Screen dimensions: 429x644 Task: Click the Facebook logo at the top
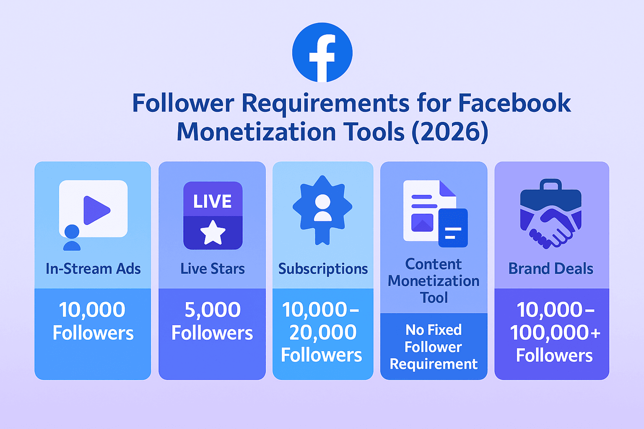[322, 52]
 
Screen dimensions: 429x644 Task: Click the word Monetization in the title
[256, 132]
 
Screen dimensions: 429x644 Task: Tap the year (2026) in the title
[450, 132]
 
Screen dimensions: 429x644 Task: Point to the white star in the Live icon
[213, 233]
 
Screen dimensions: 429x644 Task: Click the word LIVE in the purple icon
[213, 202]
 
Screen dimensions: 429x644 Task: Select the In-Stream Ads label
[93, 269]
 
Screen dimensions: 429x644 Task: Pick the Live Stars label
[213, 269]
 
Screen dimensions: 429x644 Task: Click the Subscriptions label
[323, 269]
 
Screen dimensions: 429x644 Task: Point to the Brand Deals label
[551, 269]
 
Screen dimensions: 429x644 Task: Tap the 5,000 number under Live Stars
[213, 310]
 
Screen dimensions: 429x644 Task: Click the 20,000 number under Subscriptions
[323, 333]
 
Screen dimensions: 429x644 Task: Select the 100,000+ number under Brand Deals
[555, 333]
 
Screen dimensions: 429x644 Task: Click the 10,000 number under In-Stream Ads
[92, 310]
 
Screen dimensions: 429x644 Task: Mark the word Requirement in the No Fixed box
[434, 364]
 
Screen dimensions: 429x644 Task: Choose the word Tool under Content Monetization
[434, 297]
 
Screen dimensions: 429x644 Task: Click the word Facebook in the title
[514, 103]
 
